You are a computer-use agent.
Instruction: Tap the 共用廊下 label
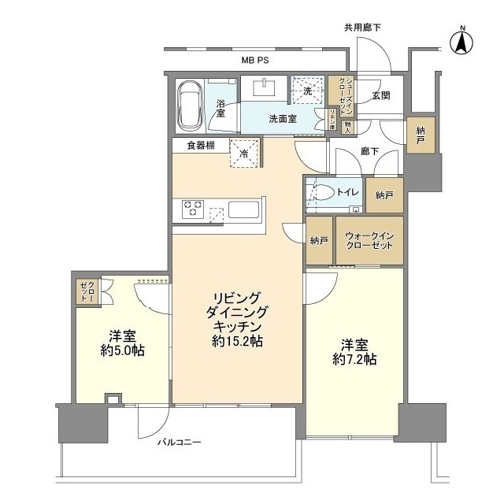click(362, 28)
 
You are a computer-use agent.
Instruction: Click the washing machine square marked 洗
click(308, 90)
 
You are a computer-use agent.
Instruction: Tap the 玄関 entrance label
click(381, 95)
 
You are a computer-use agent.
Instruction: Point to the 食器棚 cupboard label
click(201, 145)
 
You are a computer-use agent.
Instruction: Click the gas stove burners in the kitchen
click(194, 209)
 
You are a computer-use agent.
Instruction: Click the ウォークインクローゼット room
click(369, 240)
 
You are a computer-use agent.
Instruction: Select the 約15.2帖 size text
click(237, 342)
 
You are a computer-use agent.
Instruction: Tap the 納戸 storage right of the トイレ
click(384, 195)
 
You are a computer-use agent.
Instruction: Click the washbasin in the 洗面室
click(263, 86)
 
